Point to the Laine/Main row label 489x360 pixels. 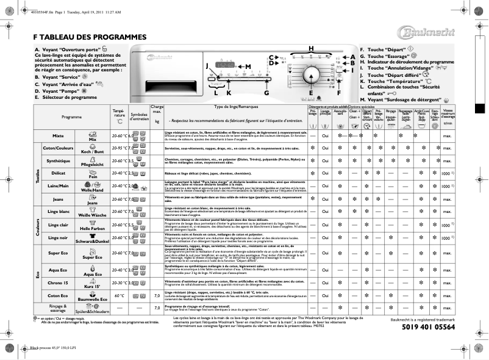click(59, 185)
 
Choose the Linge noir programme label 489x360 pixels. click(59, 237)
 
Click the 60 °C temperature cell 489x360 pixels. click(119, 295)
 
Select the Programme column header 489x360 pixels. click(71, 117)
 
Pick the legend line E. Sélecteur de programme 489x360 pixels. click(66, 97)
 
